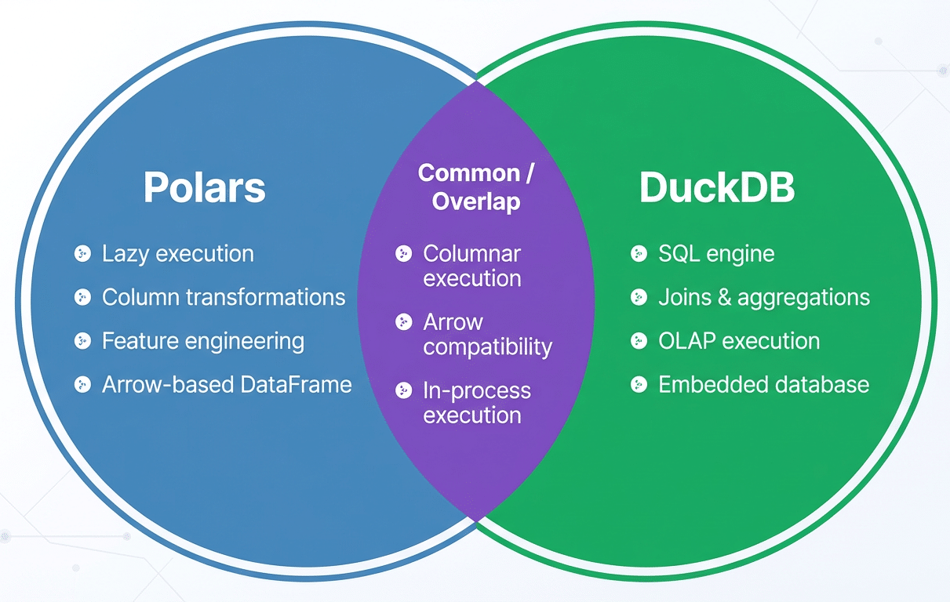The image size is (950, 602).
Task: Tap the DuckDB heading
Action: point(717,188)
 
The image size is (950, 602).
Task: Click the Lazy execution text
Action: point(178,254)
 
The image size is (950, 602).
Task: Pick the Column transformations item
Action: point(224,297)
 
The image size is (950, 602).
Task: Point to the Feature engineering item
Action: point(203,341)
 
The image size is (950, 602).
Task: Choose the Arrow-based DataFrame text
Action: point(227,385)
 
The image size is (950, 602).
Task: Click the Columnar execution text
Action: point(472,266)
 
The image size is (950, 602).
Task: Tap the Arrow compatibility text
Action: point(487,334)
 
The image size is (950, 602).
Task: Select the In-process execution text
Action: point(477,402)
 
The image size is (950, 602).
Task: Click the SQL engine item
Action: point(716,254)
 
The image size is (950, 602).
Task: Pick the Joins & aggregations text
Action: point(764,297)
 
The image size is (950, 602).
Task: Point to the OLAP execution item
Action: point(739,341)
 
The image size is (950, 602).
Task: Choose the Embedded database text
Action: point(763,385)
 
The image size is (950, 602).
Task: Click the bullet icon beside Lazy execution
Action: point(82,254)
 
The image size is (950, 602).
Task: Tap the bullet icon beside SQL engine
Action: point(639,254)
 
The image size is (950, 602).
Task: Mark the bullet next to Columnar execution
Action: point(403,253)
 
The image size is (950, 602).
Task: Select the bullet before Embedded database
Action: point(639,385)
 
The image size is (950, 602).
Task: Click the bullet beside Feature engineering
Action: point(82,341)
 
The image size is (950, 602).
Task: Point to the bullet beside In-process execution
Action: point(403,390)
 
